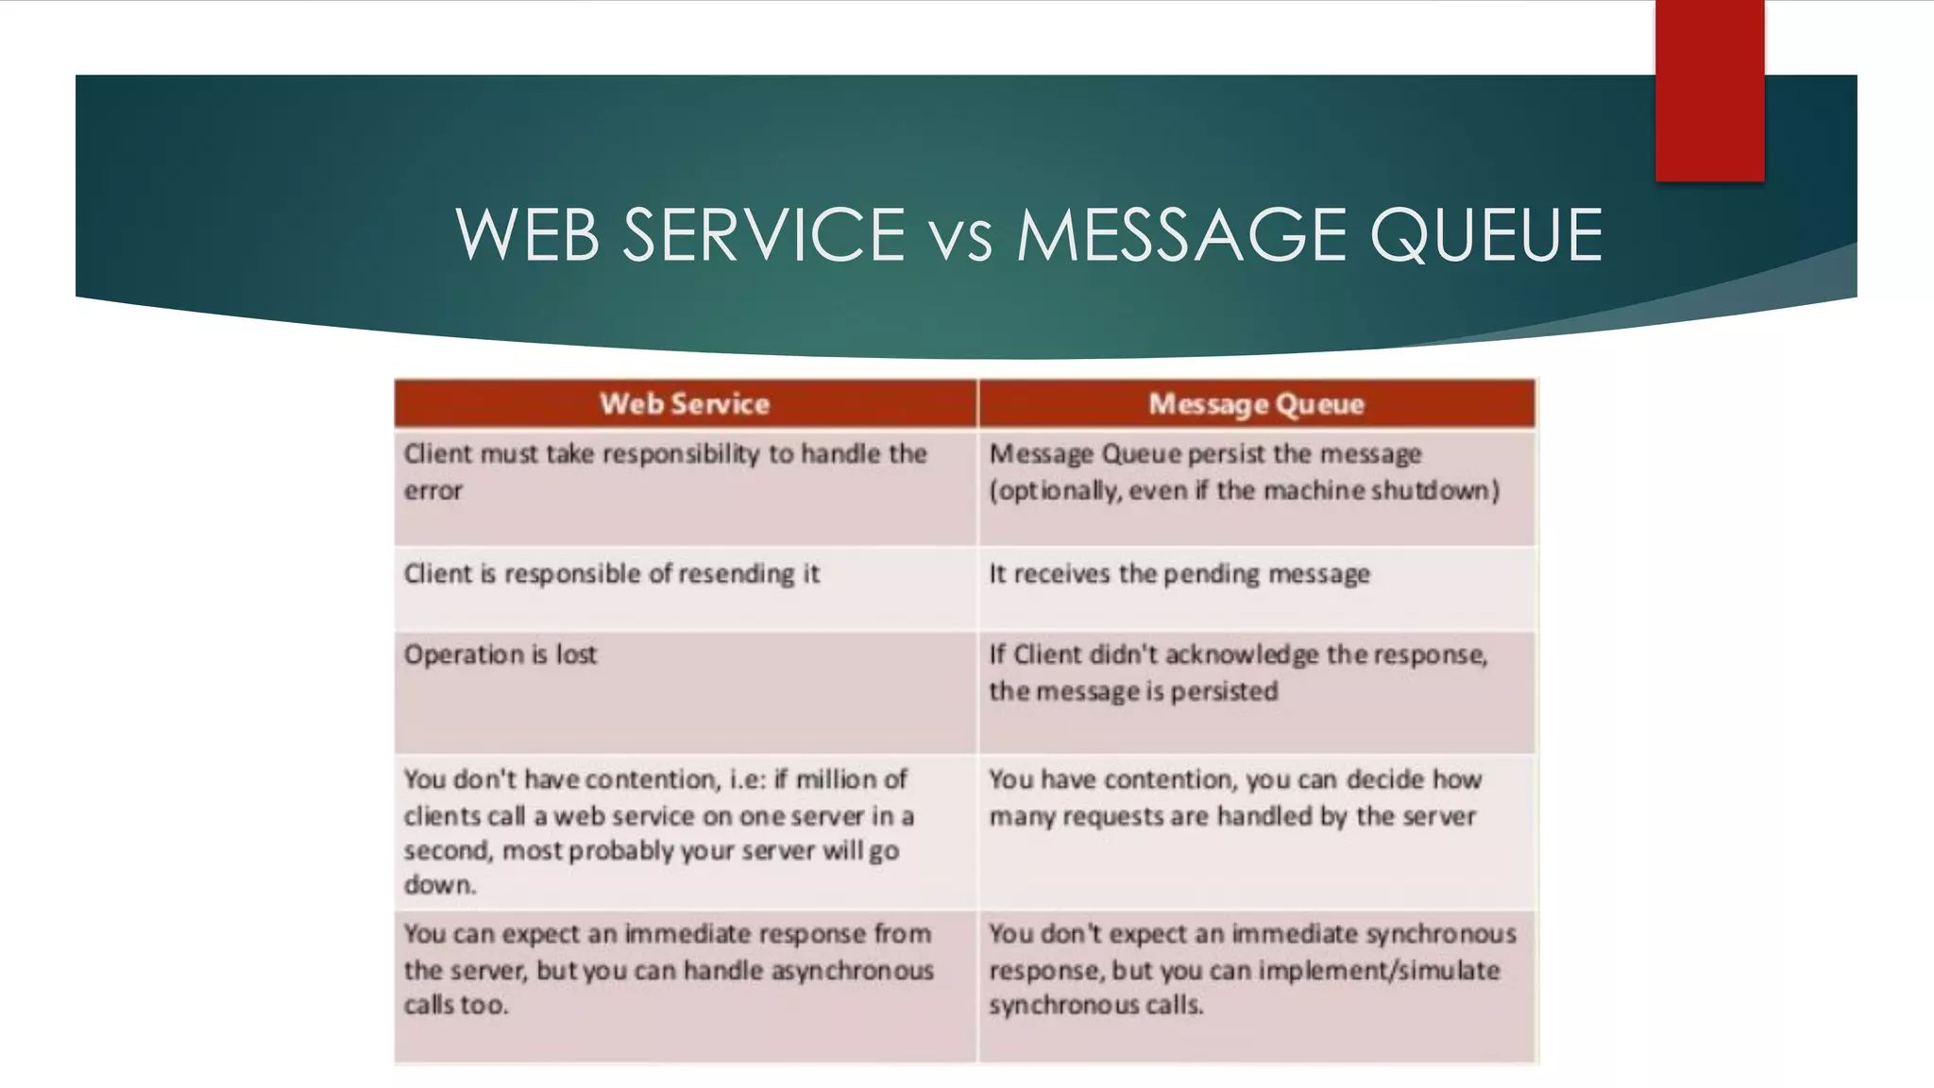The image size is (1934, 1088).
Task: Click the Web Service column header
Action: tap(685, 404)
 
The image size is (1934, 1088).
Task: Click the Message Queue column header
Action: tap(1256, 404)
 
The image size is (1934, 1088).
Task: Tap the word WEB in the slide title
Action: tap(528, 235)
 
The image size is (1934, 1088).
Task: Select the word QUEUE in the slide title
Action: tap(1486, 235)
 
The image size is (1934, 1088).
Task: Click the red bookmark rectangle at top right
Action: tap(1709, 90)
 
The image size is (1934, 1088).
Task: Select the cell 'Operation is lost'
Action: tap(500, 654)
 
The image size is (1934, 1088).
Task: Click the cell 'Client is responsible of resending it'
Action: tap(612, 574)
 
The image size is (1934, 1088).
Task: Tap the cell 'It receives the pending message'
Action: tap(1179, 574)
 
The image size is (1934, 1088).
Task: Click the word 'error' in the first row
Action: tap(433, 491)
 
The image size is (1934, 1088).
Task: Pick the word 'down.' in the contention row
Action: tap(440, 885)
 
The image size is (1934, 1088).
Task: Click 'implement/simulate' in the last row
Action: tap(1379, 971)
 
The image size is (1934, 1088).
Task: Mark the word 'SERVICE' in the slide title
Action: tap(763, 235)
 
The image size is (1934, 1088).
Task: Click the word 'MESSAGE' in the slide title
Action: tap(1180, 235)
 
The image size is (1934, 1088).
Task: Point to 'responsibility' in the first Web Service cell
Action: tap(681, 454)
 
